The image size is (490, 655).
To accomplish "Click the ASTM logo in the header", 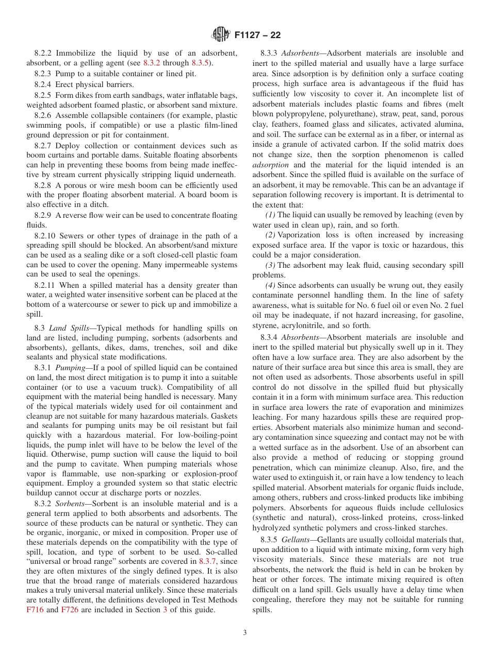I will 220,35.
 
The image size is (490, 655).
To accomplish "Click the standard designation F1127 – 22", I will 257,36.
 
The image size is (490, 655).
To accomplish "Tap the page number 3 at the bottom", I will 245,633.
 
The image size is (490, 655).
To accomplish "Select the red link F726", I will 70,610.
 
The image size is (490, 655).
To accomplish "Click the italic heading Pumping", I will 67,368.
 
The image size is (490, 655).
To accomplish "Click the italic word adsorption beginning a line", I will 270,165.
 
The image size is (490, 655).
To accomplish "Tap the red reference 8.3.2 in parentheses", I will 152,63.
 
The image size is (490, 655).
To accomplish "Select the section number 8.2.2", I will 44,53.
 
